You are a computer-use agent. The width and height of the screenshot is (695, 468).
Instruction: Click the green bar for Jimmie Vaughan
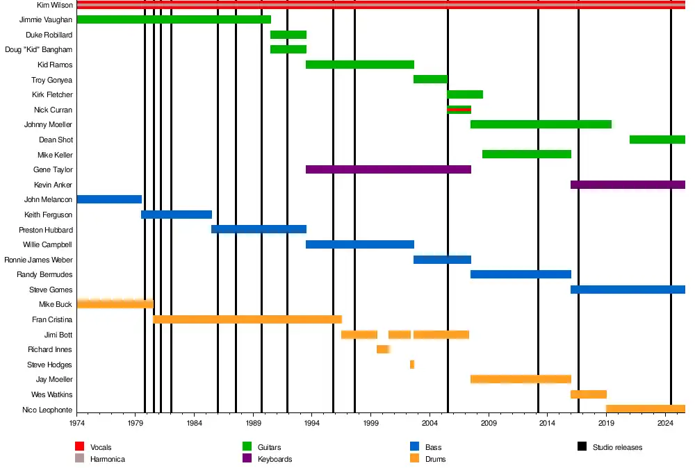[174, 19]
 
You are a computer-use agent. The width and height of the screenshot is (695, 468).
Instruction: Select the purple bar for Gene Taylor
[388, 169]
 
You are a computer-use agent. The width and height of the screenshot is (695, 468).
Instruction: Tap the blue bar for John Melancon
[109, 199]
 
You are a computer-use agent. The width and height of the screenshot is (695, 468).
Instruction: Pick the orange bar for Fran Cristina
[247, 319]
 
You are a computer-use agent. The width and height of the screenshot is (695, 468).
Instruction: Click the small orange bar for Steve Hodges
[412, 365]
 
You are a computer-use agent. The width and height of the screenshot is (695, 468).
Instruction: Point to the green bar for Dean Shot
[657, 140]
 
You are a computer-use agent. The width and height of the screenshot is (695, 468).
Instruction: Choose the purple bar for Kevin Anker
[628, 185]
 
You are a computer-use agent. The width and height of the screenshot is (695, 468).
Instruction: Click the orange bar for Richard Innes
[383, 349]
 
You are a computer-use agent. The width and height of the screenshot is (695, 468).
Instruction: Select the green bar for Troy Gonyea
[430, 79]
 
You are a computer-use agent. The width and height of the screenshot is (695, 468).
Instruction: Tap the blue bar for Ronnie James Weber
[442, 260]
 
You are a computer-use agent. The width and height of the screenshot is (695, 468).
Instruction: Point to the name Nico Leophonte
[47, 410]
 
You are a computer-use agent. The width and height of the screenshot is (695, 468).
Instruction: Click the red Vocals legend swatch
[79, 447]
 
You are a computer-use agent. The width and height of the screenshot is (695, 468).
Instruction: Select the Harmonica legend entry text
[108, 459]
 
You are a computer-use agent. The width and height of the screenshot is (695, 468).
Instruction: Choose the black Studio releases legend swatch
[582, 447]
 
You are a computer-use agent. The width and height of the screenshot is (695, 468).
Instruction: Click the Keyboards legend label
[275, 459]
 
